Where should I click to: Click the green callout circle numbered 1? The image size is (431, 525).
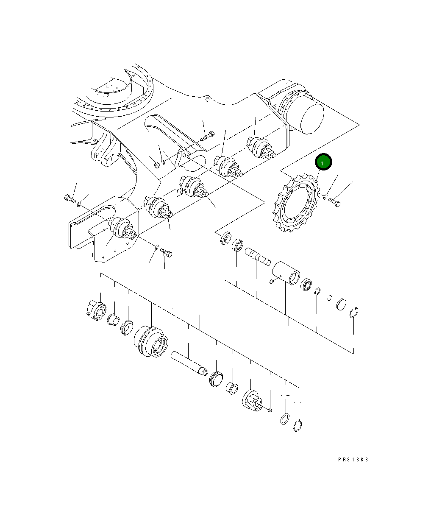click(x=323, y=162)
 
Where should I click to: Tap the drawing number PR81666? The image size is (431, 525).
click(x=353, y=459)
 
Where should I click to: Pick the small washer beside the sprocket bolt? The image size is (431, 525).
click(x=325, y=196)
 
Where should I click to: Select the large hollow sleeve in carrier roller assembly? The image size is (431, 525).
click(x=286, y=273)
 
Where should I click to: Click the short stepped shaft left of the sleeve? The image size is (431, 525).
click(x=257, y=256)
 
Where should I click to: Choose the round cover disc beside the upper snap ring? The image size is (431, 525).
click(x=342, y=305)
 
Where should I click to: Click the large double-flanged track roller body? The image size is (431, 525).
click(x=151, y=341)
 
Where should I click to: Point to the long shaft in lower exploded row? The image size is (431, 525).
click(x=189, y=363)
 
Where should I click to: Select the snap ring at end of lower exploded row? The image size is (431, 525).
click(x=298, y=426)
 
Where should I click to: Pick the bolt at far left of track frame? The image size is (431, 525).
click(x=69, y=198)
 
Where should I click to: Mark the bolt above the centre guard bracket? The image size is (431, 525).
click(x=206, y=137)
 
